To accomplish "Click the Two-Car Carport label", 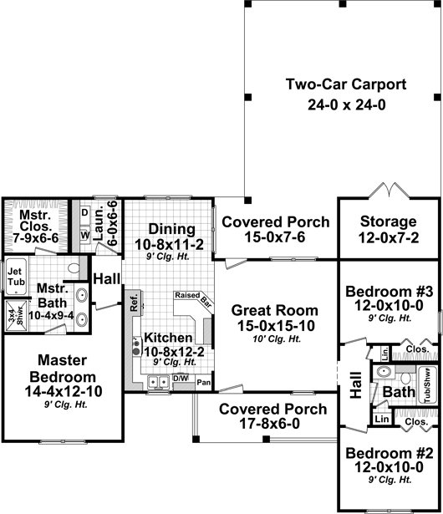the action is [x=346, y=84].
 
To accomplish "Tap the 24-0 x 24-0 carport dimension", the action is [x=347, y=105].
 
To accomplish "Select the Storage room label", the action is [x=389, y=221].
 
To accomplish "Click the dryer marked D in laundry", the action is [x=85, y=212].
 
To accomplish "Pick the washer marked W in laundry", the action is [x=85, y=235].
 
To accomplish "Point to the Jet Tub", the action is [x=16, y=277].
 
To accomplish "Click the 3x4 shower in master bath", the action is [x=16, y=315].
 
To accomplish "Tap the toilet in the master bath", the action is [x=74, y=268].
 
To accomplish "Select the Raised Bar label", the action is [x=193, y=298].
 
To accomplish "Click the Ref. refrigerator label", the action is [x=134, y=303].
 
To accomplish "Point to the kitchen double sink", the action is [x=158, y=382].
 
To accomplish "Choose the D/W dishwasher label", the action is [x=181, y=379].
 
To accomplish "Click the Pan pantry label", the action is [x=204, y=383].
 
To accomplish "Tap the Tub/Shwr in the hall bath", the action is [x=428, y=384].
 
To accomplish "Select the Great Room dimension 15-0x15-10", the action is [x=276, y=326].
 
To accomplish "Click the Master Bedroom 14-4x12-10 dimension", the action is [x=64, y=391].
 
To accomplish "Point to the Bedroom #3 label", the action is [x=390, y=291].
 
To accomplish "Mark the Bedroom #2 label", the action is [x=390, y=453].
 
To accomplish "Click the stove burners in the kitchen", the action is [x=136, y=347].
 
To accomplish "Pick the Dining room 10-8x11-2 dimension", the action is [x=169, y=244].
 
